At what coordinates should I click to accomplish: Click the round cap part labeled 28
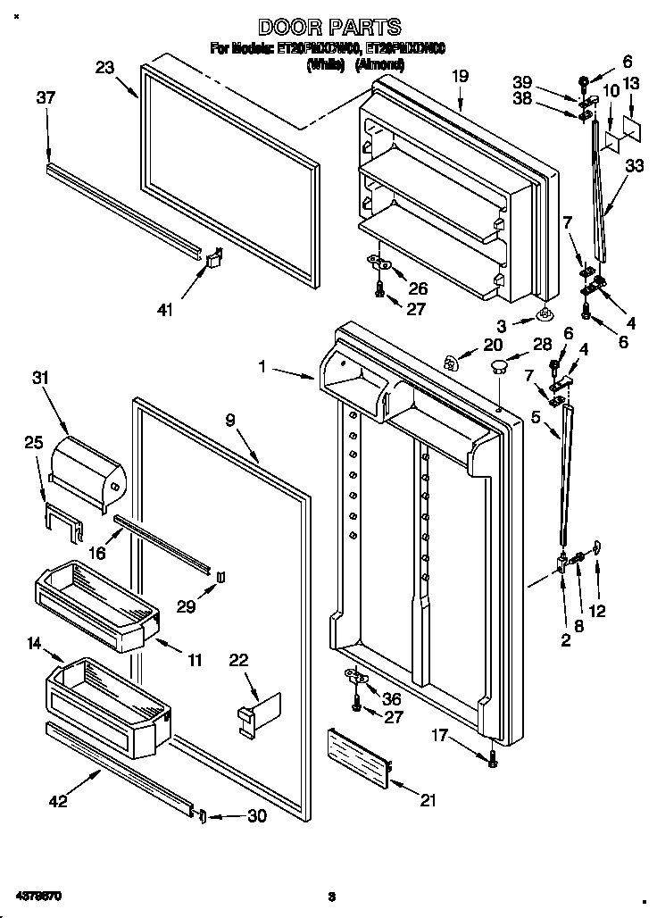point(499,365)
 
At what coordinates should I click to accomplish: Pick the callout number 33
point(635,165)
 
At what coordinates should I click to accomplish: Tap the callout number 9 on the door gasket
point(230,418)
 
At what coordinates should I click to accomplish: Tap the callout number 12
point(597,612)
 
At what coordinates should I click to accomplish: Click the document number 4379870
point(37,895)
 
